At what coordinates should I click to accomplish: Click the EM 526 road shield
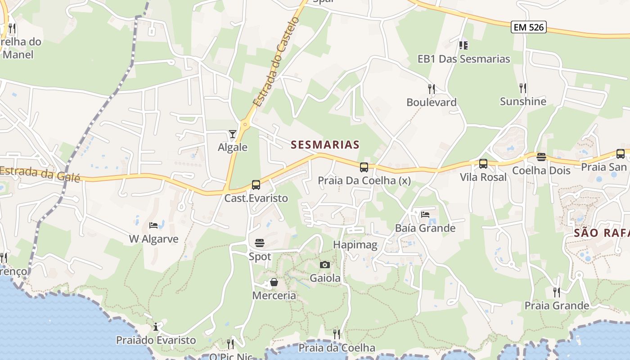tap(529, 27)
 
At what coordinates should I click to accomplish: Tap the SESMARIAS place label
tap(325, 144)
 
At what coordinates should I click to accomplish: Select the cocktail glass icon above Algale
tap(232, 134)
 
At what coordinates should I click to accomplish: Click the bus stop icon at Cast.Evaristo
tap(256, 184)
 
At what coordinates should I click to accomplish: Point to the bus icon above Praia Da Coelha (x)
tap(364, 167)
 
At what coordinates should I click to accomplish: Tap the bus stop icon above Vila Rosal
tap(483, 164)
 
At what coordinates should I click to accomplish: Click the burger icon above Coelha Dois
tap(541, 157)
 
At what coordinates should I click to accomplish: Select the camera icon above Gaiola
tap(325, 265)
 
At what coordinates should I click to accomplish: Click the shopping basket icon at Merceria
tap(274, 283)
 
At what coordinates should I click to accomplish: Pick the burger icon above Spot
tap(260, 243)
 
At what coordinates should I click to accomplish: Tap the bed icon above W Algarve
tap(153, 225)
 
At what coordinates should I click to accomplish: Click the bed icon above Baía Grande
tap(425, 215)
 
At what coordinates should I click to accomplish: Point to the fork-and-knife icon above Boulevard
tap(432, 89)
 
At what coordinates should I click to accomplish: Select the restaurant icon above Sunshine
tap(523, 88)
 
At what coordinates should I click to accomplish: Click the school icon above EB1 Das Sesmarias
tap(463, 45)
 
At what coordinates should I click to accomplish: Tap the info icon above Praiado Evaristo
tap(156, 327)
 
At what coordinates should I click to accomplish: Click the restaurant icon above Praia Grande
tap(557, 292)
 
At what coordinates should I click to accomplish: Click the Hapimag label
tap(355, 245)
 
